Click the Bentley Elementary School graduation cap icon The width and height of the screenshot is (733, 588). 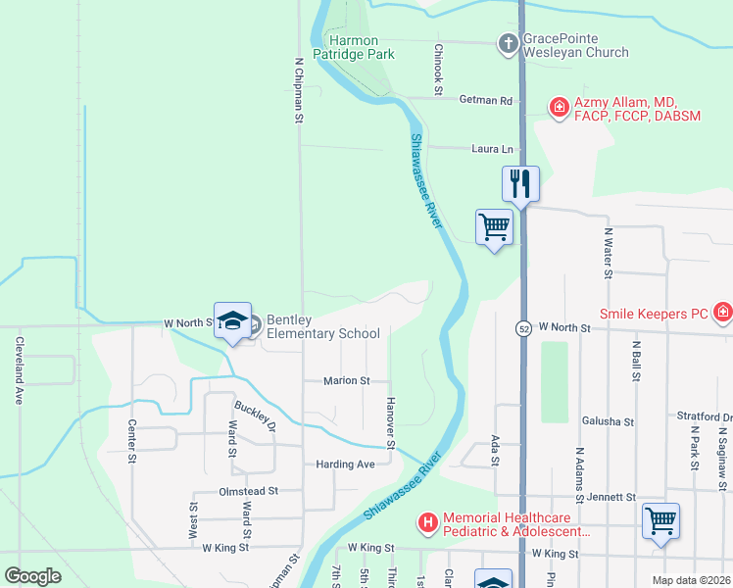233,321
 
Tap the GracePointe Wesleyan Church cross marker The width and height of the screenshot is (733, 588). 509,44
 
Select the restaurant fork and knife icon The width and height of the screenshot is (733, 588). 520,183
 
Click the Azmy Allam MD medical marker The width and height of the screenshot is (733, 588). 559,107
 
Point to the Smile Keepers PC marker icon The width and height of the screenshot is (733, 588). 723,313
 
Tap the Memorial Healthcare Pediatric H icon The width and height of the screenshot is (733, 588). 427,524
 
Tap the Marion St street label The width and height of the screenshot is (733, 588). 347,380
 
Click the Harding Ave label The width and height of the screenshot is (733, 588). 345,464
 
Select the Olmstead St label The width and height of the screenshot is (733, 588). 249,490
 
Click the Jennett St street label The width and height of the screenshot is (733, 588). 611,497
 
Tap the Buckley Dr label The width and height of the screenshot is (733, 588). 255,416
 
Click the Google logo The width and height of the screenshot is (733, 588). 33,576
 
